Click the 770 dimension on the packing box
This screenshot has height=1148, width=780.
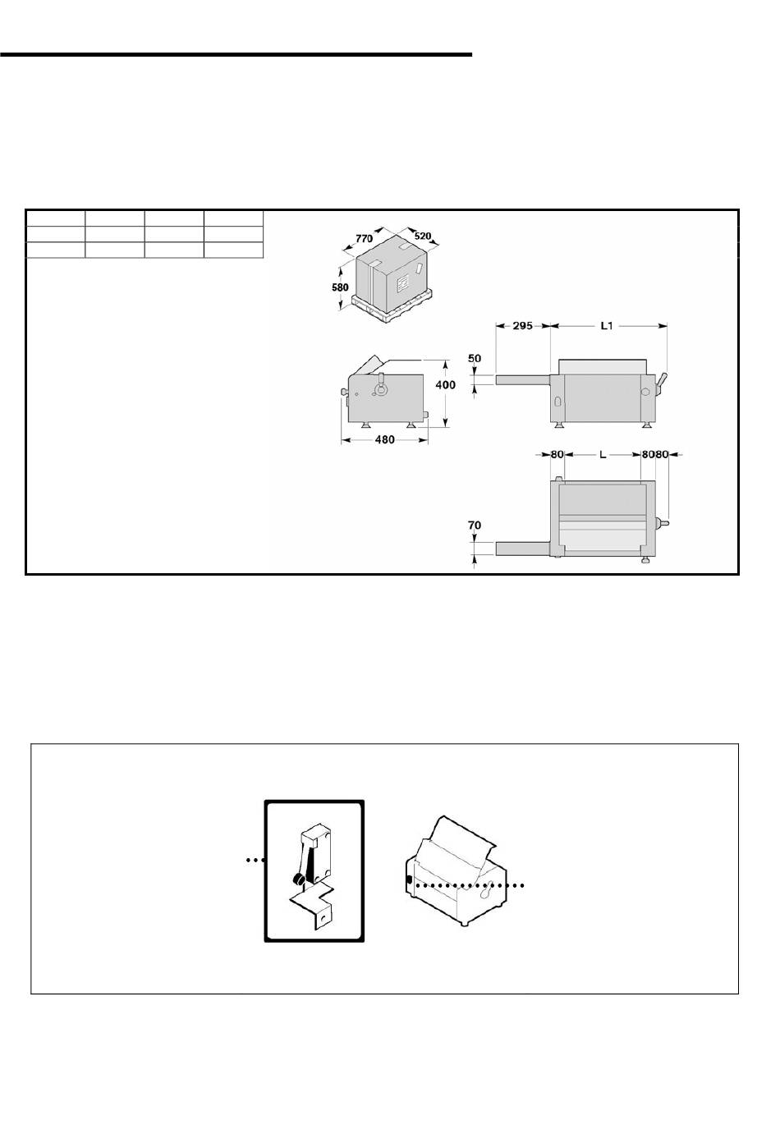(x=364, y=239)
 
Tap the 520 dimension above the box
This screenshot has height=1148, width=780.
(x=423, y=236)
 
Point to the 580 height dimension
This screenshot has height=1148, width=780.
(x=340, y=287)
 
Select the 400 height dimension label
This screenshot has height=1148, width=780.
(x=445, y=384)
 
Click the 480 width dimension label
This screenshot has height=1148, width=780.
(x=385, y=439)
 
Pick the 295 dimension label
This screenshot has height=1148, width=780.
(x=523, y=325)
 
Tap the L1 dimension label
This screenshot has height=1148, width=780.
(x=607, y=325)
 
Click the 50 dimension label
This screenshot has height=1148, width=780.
(x=475, y=358)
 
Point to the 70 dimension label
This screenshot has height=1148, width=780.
(x=475, y=526)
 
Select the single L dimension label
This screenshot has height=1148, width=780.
(x=603, y=455)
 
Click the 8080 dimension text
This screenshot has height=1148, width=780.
(x=655, y=455)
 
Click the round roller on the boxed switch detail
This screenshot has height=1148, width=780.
(x=297, y=880)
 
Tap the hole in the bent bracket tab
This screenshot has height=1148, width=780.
(x=321, y=918)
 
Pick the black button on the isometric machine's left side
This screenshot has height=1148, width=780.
(x=409, y=880)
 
